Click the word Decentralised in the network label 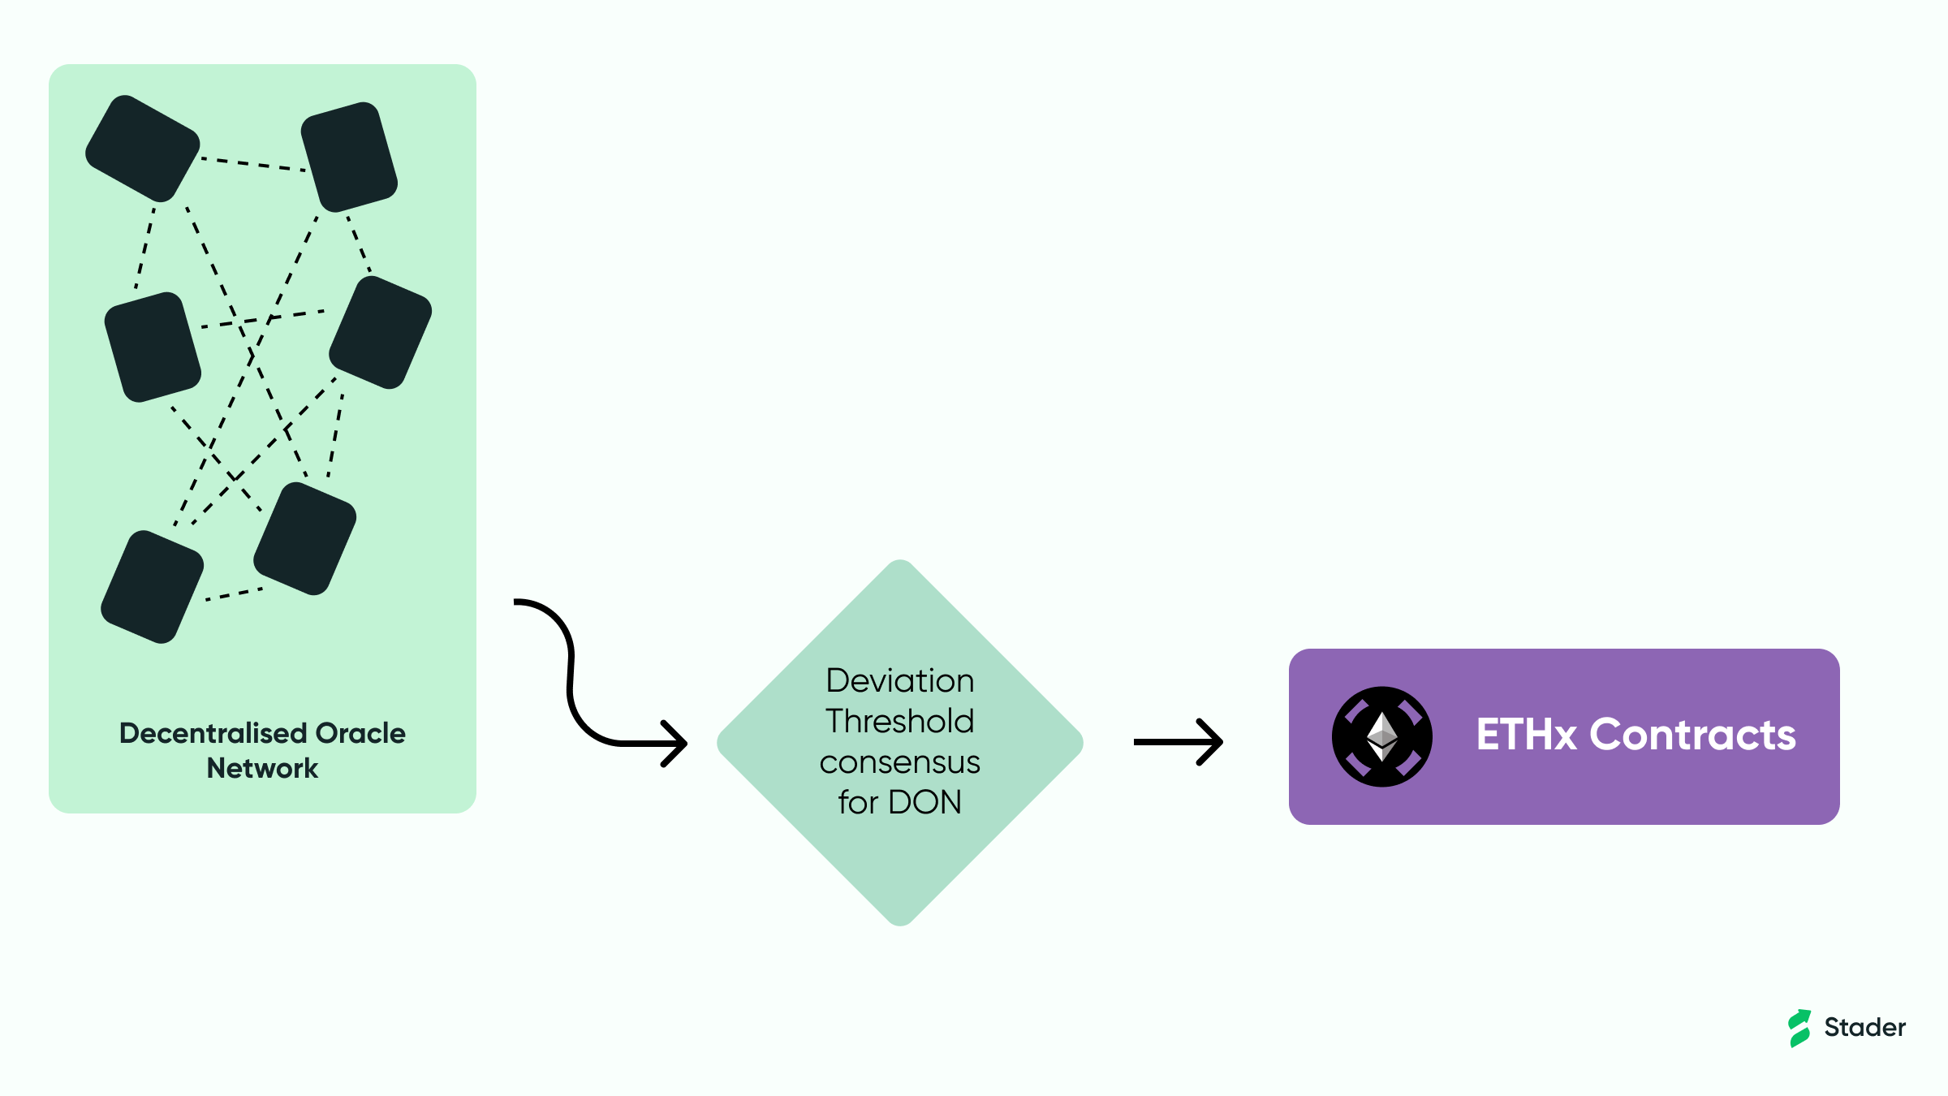tap(213, 733)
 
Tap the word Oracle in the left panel tap(360, 733)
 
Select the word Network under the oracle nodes tap(262, 768)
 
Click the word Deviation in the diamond tap(900, 680)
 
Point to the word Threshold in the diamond tap(900, 721)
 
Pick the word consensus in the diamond tap(900, 762)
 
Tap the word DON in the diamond tap(925, 802)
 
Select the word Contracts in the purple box tap(1693, 734)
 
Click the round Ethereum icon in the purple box tap(1382, 736)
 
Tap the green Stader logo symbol tap(1799, 1028)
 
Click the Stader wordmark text tap(1865, 1027)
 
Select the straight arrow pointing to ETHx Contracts tap(1179, 741)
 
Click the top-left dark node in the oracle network tap(143, 149)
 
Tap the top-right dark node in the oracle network tap(349, 157)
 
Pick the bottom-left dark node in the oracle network tap(153, 587)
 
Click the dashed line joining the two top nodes tap(253, 164)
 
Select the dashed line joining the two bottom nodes tap(234, 594)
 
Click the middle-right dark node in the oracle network tap(381, 332)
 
